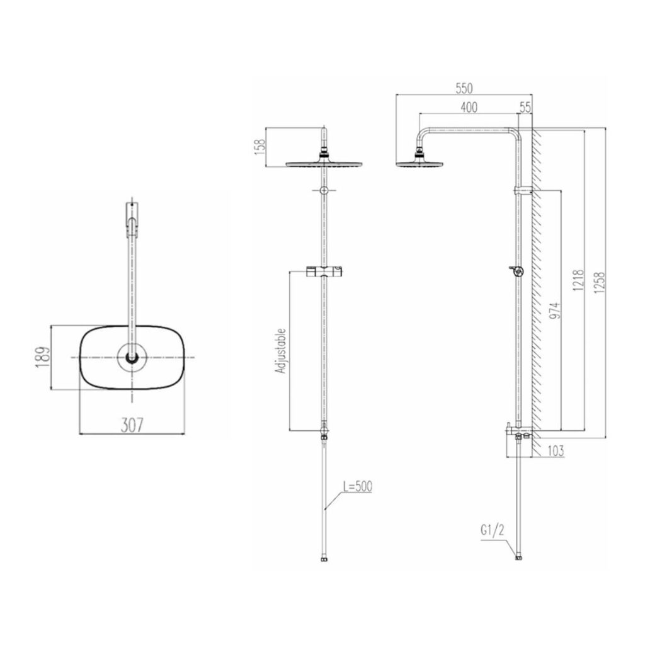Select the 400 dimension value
point(469,108)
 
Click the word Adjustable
point(282,351)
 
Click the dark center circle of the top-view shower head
point(132,357)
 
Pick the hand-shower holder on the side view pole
point(516,271)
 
